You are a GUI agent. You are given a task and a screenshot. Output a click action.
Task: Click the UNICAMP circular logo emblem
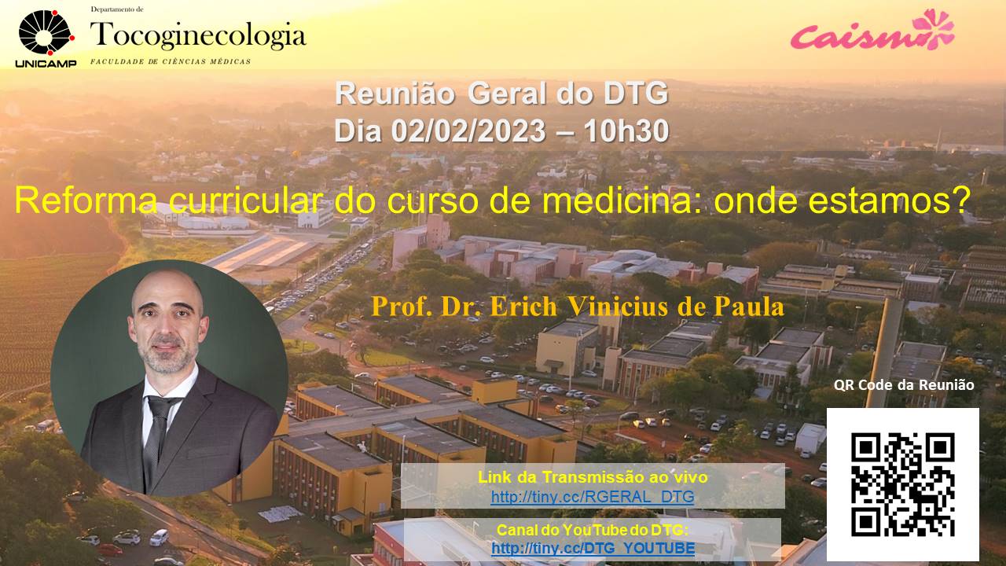pyautogui.click(x=46, y=32)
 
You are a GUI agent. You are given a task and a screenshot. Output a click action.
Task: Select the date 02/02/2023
pyautogui.click(x=468, y=131)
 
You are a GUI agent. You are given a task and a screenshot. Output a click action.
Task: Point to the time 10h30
pyautogui.click(x=626, y=131)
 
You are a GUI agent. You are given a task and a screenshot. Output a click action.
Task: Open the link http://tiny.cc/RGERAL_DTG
pyautogui.click(x=593, y=497)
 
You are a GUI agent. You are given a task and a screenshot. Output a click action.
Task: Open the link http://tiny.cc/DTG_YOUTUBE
pyautogui.click(x=593, y=548)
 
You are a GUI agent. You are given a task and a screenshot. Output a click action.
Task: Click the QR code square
pyautogui.click(x=903, y=485)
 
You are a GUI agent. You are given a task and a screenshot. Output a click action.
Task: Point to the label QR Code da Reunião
pyautogui.click(x=904, y=385)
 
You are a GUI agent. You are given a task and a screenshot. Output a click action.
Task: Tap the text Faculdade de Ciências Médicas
pyautogui.click(x=171, y=61)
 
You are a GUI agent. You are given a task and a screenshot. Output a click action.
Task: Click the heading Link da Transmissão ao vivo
pyautogui.click(x=593, y=477)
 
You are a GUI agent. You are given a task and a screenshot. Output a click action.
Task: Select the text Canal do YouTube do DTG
pyautogui.click(x=593, y=530)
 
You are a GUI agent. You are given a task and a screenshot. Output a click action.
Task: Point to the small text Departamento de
pyautogui.click(x=117, y=9)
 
